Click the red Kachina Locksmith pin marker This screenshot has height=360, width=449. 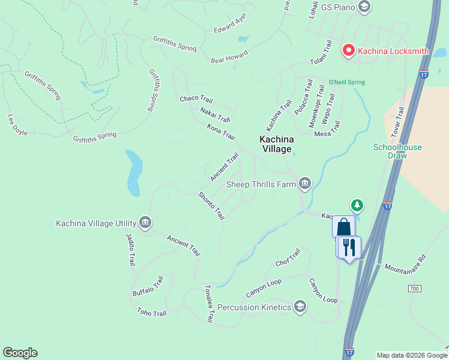[x=348, y=50]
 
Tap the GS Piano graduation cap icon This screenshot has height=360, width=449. [x=363, y=7]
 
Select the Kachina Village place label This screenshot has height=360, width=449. [x=275, y=144]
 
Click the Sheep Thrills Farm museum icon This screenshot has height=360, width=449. [x=305, y=184]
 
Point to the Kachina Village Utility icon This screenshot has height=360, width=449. [x=145, y=223]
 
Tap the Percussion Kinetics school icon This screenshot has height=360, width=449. [x=300, y=308]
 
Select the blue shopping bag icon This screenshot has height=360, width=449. [x=343, y=227]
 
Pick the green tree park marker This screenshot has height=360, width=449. [x=357, y=206]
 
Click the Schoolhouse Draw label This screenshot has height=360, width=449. [x=397, y=151]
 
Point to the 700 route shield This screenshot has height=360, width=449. [x=413, y=289]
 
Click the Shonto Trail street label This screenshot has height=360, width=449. [x=211, y=205]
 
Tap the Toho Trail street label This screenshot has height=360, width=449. [x=151, y=313]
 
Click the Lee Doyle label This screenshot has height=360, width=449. [x=17, y=125]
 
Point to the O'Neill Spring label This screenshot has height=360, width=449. [x=346, y=82]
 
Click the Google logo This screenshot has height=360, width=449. [x=20, y=353]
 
